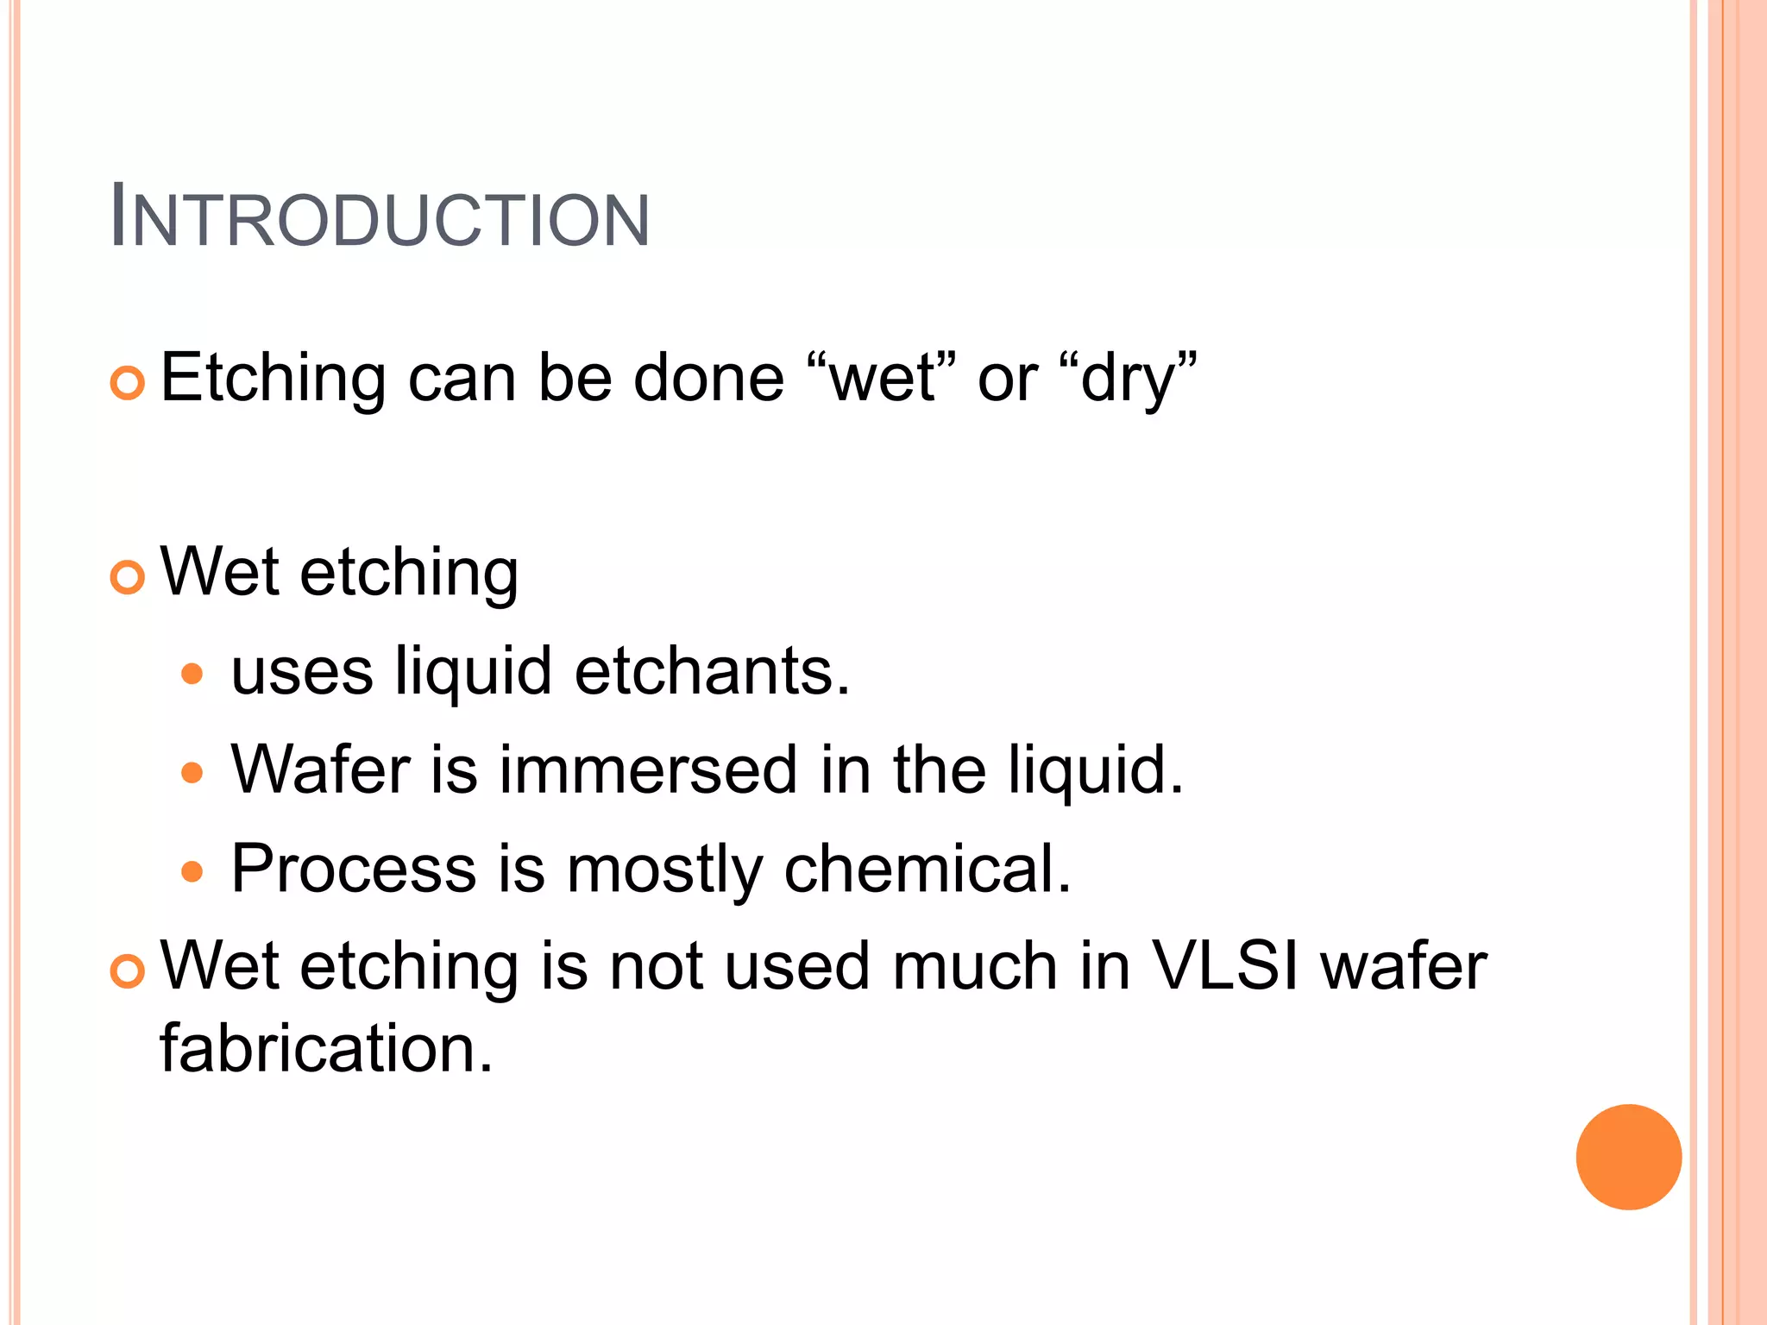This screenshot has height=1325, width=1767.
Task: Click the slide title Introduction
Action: [380, 217]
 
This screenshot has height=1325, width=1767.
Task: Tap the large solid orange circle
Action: [1628, 1157]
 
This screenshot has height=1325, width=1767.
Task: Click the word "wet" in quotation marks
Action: [883, 380]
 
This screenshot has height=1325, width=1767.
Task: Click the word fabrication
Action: [326, 1049]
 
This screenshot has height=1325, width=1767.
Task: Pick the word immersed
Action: [648, 769]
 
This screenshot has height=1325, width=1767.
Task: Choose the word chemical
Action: [928, 868]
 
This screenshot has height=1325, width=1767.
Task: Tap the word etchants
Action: [713, 671]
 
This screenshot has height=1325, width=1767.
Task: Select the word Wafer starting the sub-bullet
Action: [320, 769]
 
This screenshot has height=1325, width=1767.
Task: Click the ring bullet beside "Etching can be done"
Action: [128, 382]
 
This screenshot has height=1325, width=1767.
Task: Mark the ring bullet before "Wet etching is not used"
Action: [128, 970]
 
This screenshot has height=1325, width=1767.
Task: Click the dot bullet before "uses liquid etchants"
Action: [192, 674]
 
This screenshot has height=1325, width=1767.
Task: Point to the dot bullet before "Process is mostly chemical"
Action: [192, 871]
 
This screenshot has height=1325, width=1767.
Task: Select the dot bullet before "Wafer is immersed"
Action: [192, 772]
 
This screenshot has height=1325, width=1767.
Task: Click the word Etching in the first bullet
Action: [273, 380]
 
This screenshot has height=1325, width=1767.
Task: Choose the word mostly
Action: [664, 870]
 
